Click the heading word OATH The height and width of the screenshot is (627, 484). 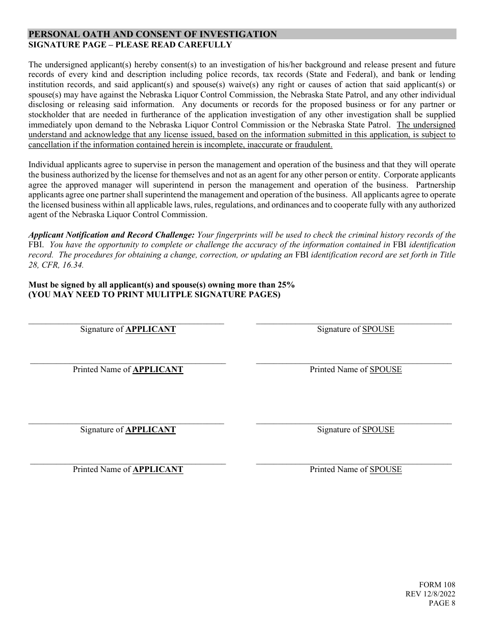pos(87,35)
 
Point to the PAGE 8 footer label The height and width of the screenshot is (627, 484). pos(442,604)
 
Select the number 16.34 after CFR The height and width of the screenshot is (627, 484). pos(72,265)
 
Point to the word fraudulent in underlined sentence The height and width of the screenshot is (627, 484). pos(312,145)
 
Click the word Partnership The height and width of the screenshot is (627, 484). pos(436,185)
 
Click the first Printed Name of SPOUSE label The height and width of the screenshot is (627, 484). pos(356,370)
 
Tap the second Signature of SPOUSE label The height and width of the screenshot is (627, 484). pos(356,430)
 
